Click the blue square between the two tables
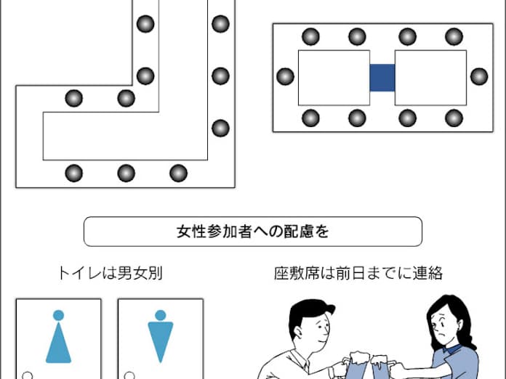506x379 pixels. click(x=382, y=78)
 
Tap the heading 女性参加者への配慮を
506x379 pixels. click(x=253, y=232)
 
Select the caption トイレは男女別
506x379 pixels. click(x=110, y=273)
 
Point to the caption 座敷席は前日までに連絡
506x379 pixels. click(x=358, y=273)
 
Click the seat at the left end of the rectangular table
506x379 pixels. click(x=285, y=77)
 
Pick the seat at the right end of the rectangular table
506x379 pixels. click(x=479, y=77)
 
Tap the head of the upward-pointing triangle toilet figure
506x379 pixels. click(x=58, y=315)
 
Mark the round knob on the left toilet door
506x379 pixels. click(x=28, y=376)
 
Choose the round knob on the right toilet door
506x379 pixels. click(x=129, y=376)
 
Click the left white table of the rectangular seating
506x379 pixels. click(x=334, y=78)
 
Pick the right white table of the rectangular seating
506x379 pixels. click(x=430, y=78)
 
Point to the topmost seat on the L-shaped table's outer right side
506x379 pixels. click(x=221, y=24)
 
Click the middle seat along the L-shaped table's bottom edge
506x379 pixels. click(x=126, y=173)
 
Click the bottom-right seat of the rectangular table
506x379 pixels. click(x=454, y=118)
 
